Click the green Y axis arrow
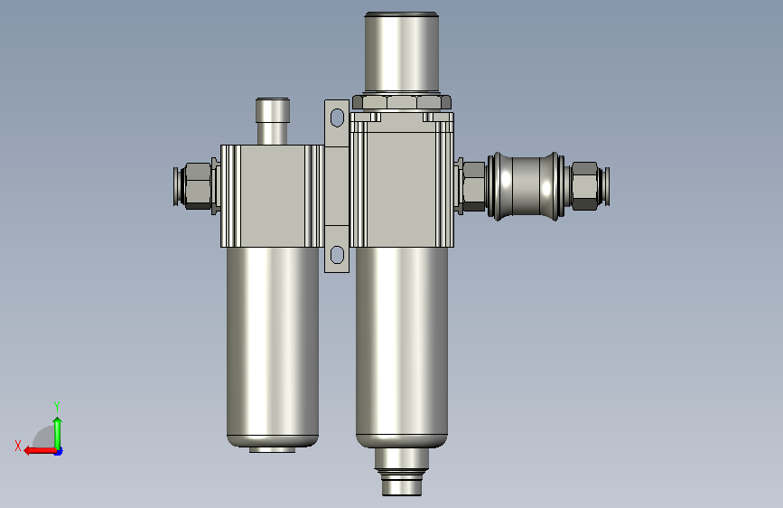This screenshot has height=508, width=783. point(58,433)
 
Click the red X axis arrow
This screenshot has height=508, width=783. point(40,451)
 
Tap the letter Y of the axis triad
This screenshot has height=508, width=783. point(57,406)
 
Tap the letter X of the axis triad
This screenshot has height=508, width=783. point(18,446)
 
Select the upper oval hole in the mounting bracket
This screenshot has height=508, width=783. point(337,118)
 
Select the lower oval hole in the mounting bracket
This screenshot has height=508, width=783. point(337,255)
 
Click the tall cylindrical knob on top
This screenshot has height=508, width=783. point(402,52)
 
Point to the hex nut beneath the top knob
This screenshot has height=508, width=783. point(402,102)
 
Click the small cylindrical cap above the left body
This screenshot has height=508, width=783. point(272,121)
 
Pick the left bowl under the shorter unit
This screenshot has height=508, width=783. point(273,346)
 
